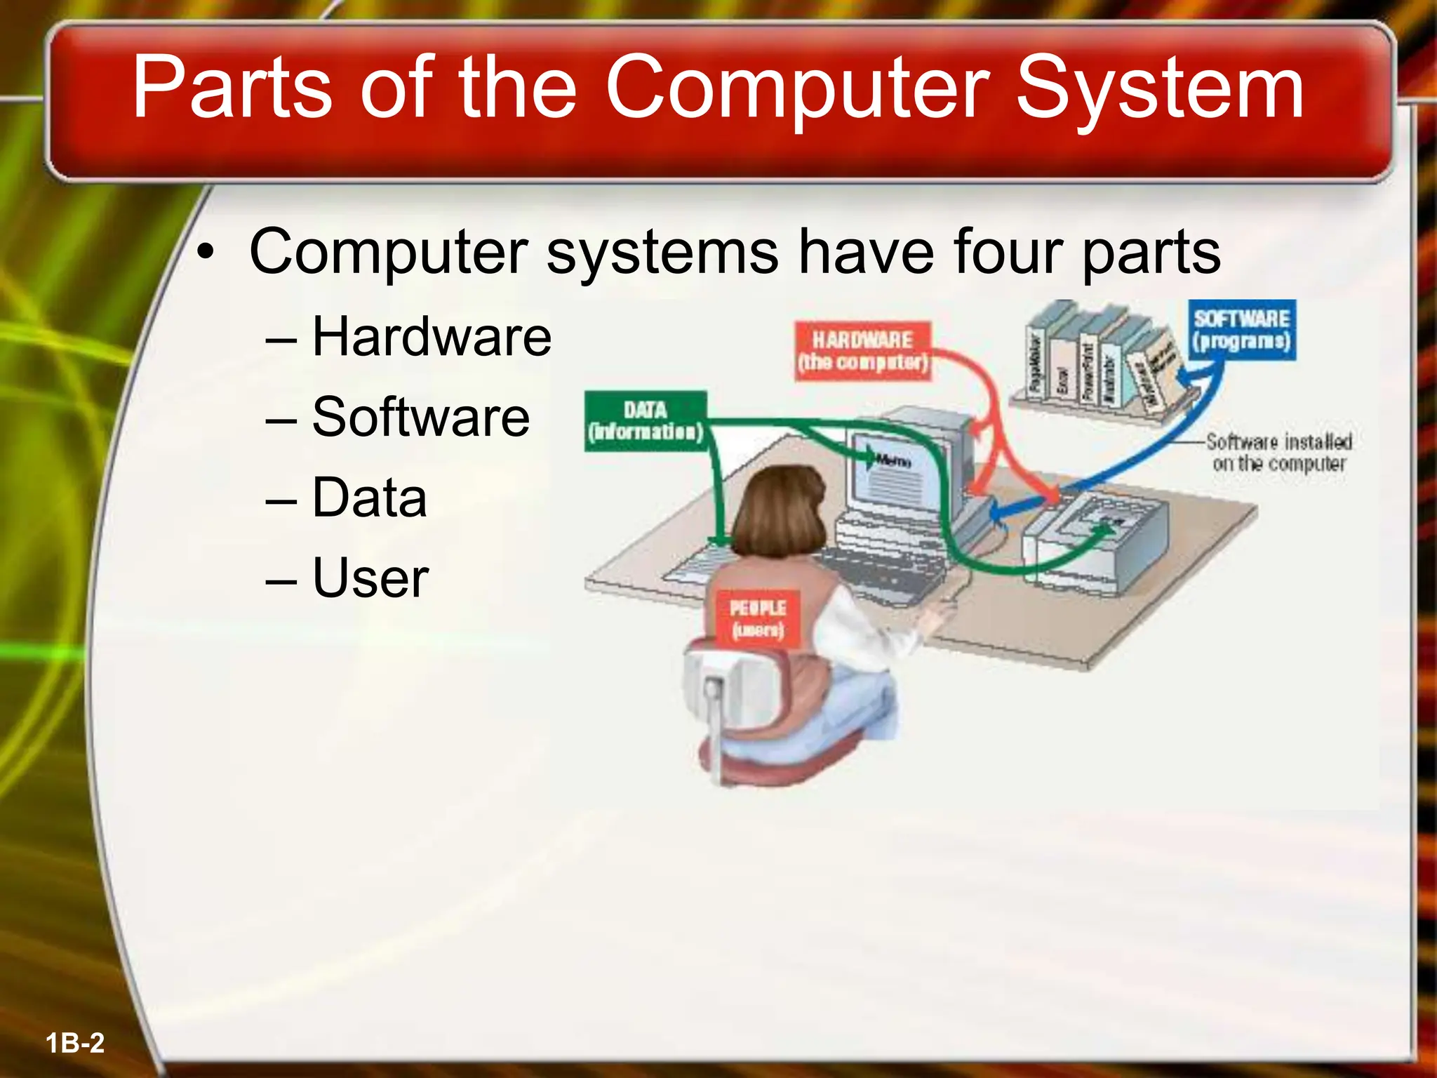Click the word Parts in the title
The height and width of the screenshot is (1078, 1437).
(x=232, y=88)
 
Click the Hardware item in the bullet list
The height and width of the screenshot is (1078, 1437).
(x=431, y=337)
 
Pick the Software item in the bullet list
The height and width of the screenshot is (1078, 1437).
(x=420, y=417)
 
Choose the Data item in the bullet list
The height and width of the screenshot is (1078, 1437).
(x=369, y=498)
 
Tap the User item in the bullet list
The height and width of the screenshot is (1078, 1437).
(x=370, y=578)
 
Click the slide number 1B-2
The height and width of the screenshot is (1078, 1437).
(x=75, y=1043)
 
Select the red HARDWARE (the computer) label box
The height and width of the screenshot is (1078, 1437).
(x=862, y=351)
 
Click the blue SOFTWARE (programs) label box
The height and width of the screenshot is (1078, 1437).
(x=1241, y=330)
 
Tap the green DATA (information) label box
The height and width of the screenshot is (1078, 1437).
(x=645, y=420)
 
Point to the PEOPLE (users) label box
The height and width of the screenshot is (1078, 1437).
(x=757, y=618)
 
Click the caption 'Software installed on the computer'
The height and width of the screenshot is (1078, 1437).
(x=1278, y=453)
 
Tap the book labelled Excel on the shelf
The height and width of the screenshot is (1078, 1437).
(x=1062, y=372)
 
